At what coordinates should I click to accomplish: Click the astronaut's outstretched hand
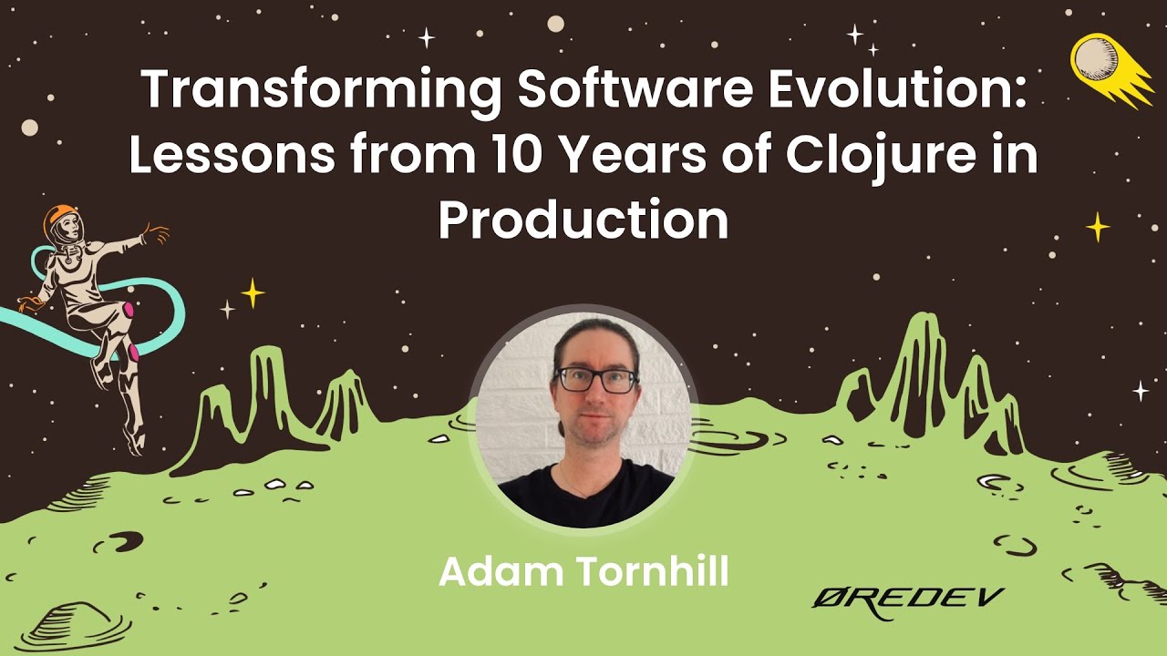point(157,233)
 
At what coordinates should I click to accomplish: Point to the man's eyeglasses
point(595,379)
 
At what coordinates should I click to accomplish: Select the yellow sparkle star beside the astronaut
point(252,292)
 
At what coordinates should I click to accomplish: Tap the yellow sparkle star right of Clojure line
point(1098,226)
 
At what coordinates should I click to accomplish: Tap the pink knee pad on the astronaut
point(129,311)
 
